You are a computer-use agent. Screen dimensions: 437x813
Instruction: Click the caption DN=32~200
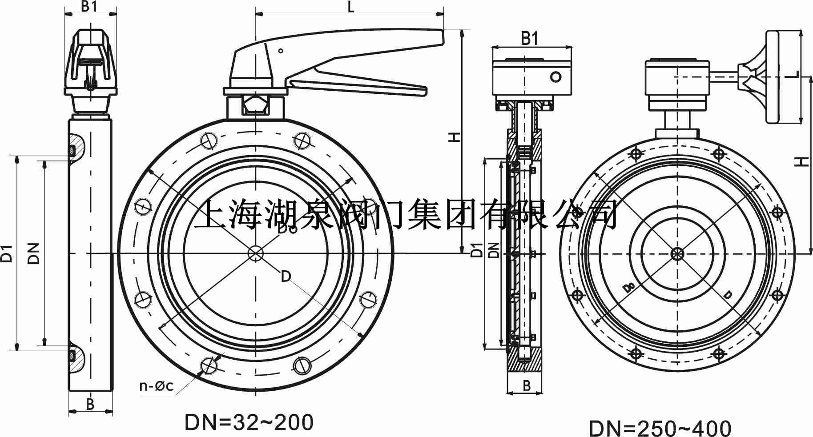249,423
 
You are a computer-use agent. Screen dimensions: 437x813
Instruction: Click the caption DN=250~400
660,429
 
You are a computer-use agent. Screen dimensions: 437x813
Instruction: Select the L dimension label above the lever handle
350,7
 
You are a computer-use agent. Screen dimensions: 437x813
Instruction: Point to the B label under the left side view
90,404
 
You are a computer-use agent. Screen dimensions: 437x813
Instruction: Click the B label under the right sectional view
527,386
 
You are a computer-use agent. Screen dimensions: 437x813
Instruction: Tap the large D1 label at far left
6,253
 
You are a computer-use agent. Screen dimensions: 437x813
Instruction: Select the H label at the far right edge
801,162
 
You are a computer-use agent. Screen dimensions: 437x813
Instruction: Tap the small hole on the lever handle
281,51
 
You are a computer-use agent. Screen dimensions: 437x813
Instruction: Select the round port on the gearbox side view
556,76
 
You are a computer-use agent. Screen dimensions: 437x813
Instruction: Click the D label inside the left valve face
286,277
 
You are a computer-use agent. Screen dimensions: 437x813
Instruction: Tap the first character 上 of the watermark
209,214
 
